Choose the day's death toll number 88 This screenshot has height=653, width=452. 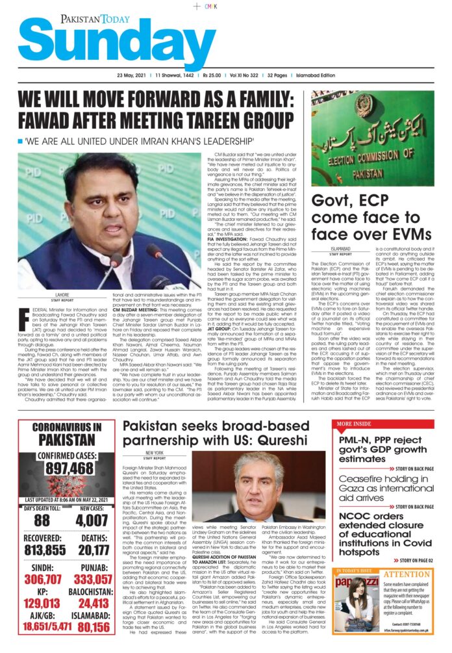pos(42,521)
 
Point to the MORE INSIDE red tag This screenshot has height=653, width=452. pos(353,424)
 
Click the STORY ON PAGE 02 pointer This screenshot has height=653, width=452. pos(412,560)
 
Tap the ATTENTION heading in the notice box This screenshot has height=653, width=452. pos(416,574)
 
